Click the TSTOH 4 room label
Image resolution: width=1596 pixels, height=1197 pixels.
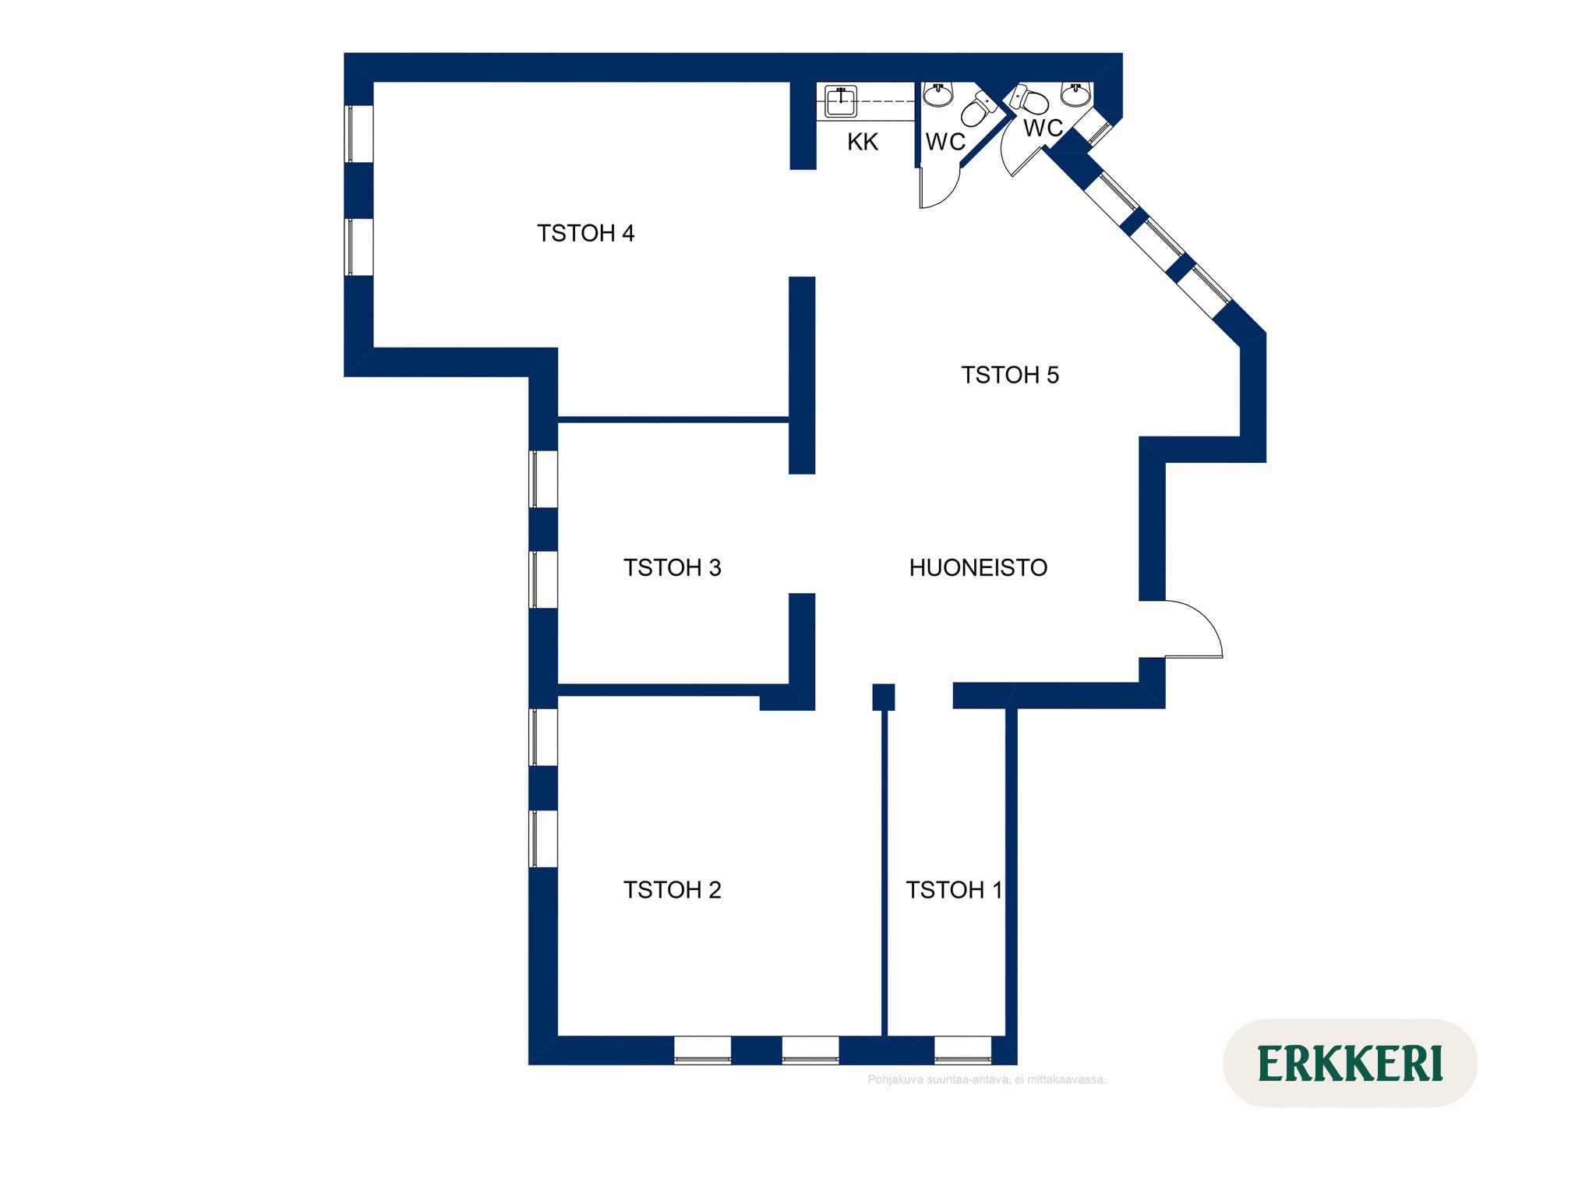585,233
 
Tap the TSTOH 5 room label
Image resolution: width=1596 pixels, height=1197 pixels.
1009,375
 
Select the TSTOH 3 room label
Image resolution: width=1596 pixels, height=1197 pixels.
672,567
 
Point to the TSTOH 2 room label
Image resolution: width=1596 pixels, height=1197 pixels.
672,889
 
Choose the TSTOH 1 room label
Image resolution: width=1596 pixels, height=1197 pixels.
954,889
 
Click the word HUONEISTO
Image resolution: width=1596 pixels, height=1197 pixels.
978,567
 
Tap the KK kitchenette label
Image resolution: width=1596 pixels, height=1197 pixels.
863,142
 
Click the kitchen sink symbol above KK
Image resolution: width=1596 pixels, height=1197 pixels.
841,101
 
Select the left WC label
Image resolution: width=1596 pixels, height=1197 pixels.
945,142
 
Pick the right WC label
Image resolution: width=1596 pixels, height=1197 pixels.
1043,128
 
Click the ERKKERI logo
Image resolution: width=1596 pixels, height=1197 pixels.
1350,1063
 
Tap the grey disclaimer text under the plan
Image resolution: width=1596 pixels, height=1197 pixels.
987,1079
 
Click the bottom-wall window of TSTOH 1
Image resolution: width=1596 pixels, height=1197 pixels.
962,1050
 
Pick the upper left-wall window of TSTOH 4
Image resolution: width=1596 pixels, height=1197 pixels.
358,133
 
